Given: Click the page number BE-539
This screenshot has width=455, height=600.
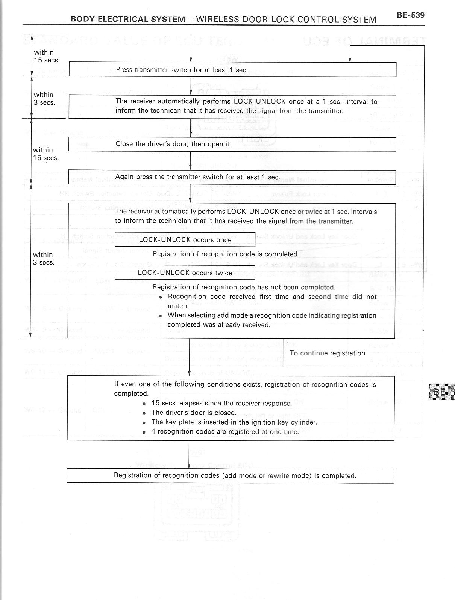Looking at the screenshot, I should pyautogui.click(x=410, y=15).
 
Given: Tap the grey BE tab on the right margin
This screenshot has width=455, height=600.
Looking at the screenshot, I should pyautogui.click(x=441, y=392).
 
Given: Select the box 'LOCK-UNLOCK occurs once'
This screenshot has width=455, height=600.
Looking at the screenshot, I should pyautogui.click(x=185, y=240).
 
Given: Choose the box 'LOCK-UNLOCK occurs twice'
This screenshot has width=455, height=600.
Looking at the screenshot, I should pyautogui.click(x=185, y=273).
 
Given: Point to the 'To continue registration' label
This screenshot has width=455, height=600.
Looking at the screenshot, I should pyautogui.click(x=327, y=353).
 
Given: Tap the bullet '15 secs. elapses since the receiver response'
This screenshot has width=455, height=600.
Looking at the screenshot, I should pyautogui.click(x=221, y=403).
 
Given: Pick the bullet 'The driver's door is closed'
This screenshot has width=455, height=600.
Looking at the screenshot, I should pyautogui.click(x=193, y=413).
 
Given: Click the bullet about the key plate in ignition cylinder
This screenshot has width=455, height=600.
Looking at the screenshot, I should pyautogui.click(x=234, y=422).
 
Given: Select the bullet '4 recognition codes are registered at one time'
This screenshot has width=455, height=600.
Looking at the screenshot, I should pyautogui.click(x=225, y=431).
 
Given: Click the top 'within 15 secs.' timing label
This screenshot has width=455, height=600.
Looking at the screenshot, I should pyautogui.click(x=46, y=56).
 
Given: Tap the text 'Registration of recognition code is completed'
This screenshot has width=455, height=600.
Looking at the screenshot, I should pyautogui.click(x=224, y=254).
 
